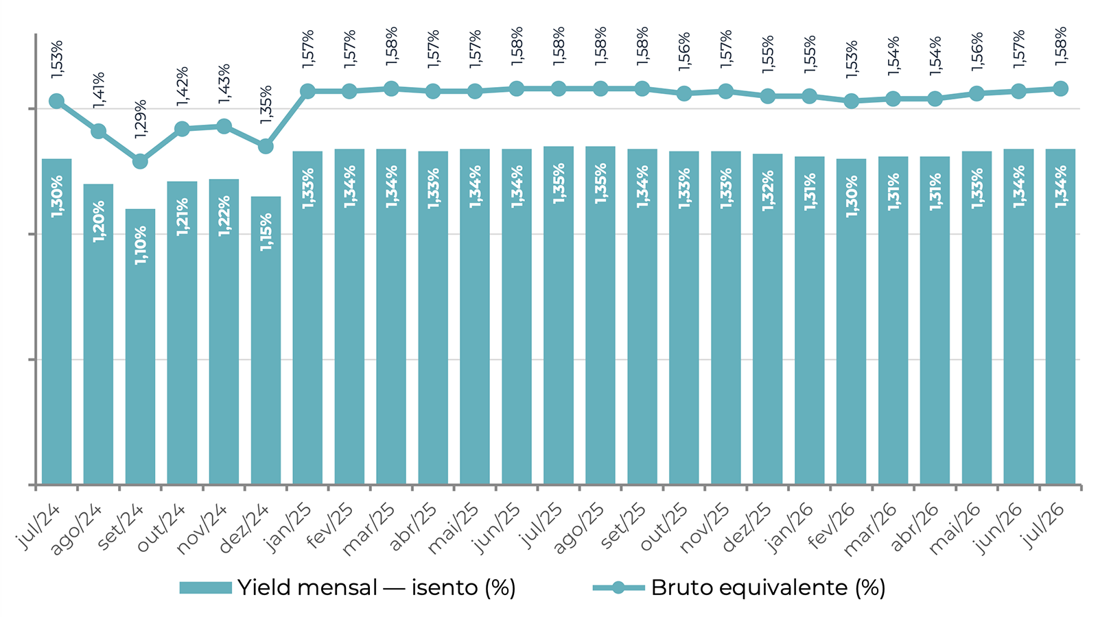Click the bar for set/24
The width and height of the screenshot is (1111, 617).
pyautogui.click(x=140, y=346)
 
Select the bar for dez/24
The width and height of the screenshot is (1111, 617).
pyautogui.click(x=266, y=341)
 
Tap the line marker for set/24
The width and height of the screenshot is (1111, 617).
pyautogui.click(x=141, y=162)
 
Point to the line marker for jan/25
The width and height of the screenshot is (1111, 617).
pyautogui.click(x=307, y=91)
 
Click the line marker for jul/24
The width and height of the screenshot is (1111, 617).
pyautogui.click(x=56, y=101)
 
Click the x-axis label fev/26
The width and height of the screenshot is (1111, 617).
pyautogui.click(x=831, y=527)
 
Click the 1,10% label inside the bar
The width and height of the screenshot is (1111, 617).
pyautogui.click(x=141, y=245)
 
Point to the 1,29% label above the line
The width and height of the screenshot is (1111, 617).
pyautogui.click(x=141, y=119)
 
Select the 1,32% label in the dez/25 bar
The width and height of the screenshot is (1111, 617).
pyautogui.click(x=768, y=191)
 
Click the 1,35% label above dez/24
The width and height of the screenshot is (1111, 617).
pyautogui.click(x=266, y=105)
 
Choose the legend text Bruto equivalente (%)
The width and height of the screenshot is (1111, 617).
pyautogui.click(x=769, y=588)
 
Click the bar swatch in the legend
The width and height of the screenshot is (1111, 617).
pyautogui.click(x=205, y=588)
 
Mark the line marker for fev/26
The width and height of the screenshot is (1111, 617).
pyautogui.click(x=852, y=101)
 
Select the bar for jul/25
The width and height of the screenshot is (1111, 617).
pyautogui.click(x=559, y=315)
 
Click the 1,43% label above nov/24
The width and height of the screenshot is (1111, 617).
pyautogui.click(x=224, y=83)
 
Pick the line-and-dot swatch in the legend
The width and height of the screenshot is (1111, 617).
pyautogui.click(x=618, y=588)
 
